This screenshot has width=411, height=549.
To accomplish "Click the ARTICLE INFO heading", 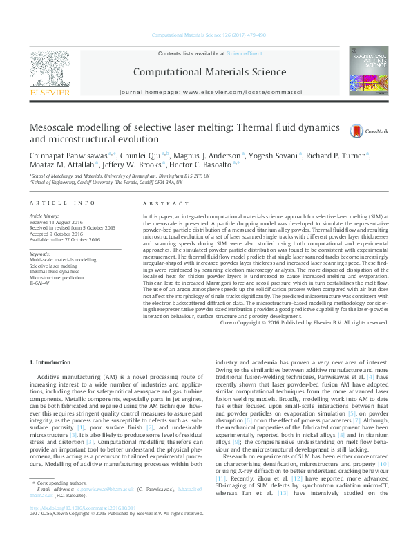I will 62,203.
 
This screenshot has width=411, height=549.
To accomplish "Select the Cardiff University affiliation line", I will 106,183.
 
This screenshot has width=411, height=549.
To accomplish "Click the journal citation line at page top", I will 208,35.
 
